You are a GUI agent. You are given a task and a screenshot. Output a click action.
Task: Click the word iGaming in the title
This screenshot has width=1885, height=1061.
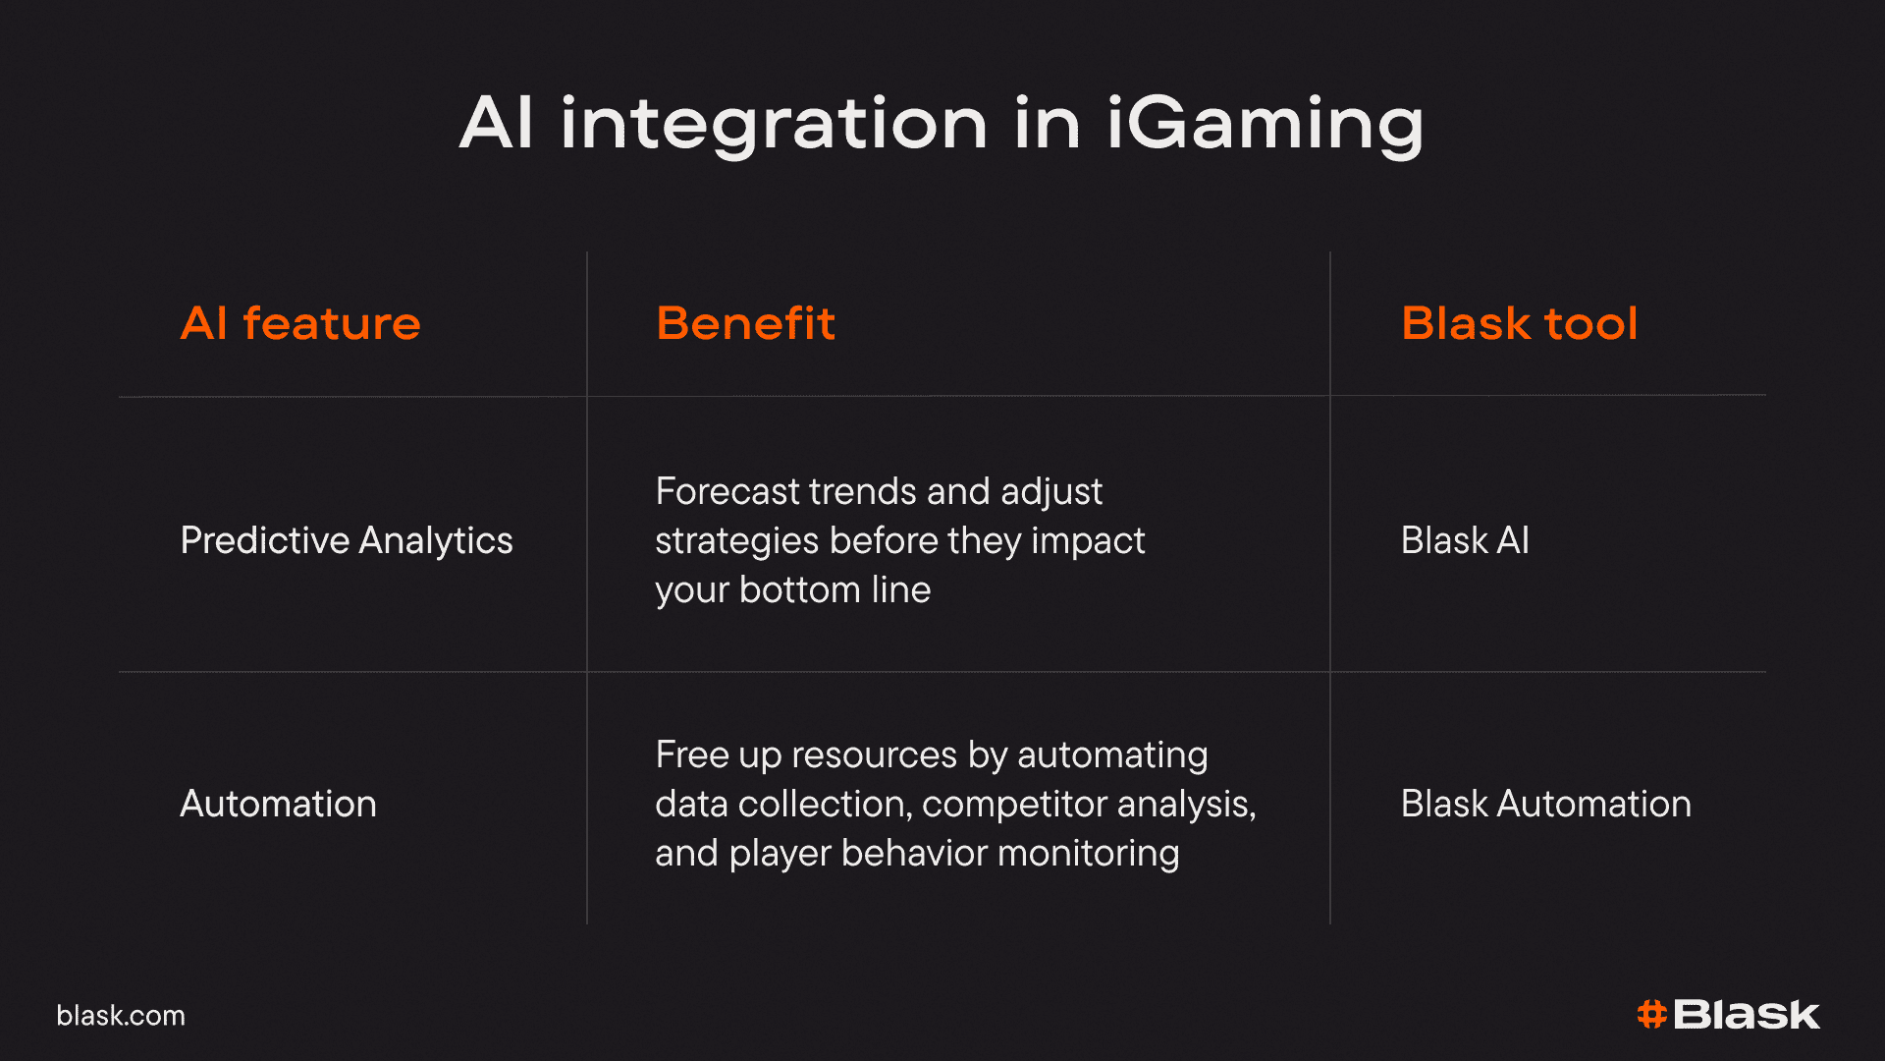coord(1266,125)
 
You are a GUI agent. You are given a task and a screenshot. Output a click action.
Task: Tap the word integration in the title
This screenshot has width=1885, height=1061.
coord(774,125)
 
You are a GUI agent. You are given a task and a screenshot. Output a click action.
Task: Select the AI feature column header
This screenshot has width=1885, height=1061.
coord(300,323)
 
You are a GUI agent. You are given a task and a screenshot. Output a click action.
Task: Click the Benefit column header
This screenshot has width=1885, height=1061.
coord(745,323)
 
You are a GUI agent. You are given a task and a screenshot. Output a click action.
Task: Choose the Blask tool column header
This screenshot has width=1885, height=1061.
coord(1520,323)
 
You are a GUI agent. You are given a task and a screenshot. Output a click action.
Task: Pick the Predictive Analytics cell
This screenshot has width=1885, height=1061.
coord(347,540)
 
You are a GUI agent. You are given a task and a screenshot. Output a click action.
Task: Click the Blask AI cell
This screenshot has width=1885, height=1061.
coord(1465,540)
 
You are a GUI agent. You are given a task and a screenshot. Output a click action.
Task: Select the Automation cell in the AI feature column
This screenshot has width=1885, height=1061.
coord(278,804)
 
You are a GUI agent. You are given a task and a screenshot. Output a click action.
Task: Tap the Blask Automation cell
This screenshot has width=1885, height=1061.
coord(1546,804)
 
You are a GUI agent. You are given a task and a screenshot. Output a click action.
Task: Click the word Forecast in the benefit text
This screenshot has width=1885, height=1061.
coord(727,491)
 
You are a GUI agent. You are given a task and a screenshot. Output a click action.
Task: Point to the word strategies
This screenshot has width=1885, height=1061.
coord(736,541)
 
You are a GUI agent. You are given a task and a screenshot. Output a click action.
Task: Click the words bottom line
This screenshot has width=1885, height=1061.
coord(835,589)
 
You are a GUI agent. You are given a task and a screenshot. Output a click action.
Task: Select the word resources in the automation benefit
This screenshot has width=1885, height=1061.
coord(875,754)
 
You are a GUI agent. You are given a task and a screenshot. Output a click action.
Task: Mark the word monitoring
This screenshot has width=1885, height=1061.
coord(1089,854)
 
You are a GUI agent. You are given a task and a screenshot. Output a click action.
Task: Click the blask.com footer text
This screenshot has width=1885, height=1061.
coord(121,1016)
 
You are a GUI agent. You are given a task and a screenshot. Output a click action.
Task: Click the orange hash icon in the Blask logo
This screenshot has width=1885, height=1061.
coord(1652,1015)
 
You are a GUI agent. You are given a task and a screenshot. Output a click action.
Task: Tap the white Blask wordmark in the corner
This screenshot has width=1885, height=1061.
coord(1747,1015)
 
